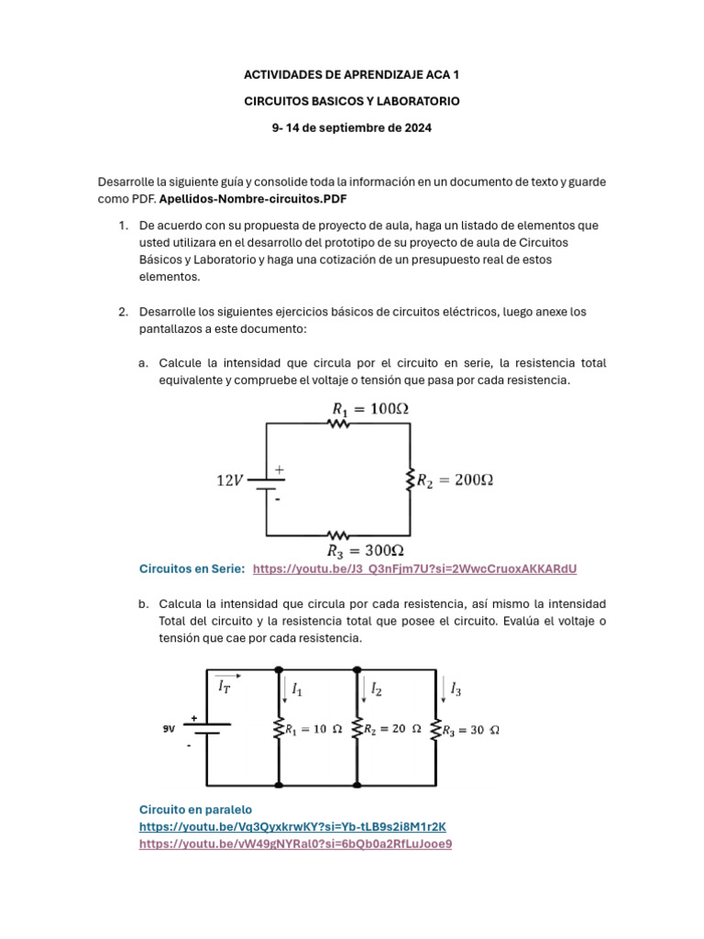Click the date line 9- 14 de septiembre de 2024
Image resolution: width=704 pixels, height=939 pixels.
pos(352,127)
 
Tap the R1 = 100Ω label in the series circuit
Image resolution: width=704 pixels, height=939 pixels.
pos(369,409)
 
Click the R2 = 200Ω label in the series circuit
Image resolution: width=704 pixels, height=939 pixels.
pos(456,480)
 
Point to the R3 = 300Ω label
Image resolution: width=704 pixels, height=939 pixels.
pos(366,551)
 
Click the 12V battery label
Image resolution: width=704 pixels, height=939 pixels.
pos(230,480)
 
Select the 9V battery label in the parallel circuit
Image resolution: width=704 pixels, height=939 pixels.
pos(169,728)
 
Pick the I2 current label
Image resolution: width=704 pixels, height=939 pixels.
pos(376,687)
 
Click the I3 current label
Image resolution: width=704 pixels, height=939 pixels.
pos(456,687)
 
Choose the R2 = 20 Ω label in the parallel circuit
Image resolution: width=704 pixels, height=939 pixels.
pos(391,730)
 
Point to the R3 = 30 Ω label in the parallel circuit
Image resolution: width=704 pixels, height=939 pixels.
pos(470,730)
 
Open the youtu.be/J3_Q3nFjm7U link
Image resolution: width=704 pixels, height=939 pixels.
pos(414,569)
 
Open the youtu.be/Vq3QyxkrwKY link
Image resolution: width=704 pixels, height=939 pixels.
pos(291,826)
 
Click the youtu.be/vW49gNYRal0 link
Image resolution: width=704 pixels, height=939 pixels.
pos(295,844)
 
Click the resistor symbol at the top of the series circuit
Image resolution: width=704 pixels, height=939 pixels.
pos(339,423)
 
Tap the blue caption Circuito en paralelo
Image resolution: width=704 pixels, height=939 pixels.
pos(194,809)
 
